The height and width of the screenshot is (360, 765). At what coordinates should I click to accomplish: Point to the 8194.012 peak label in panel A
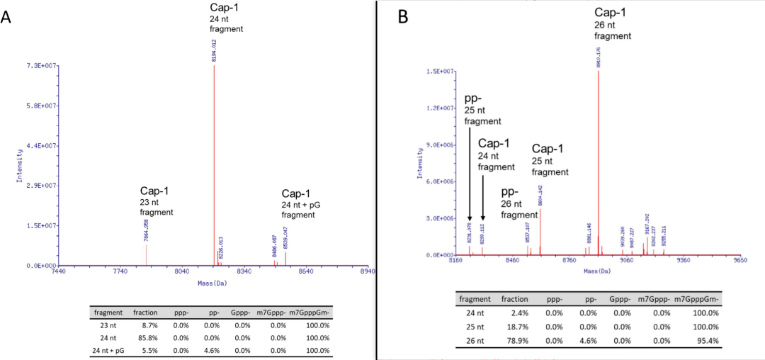pyautogui.click(x=214, y=51)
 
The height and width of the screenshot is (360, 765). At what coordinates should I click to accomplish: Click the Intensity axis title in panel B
pyautogui.click(x=421, y=163)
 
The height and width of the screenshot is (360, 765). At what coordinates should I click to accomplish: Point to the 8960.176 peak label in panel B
pyautogui.click(x=599, y=57)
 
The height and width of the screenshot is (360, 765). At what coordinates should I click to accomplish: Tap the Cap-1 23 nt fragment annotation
pyautogui.click(x=155, y=201)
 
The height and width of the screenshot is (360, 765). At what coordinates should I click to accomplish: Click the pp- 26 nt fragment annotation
pyautogui.click(x=518, y=203)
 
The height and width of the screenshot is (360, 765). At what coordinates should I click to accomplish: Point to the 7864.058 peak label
pyautogui.click(x=146, y=231)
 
